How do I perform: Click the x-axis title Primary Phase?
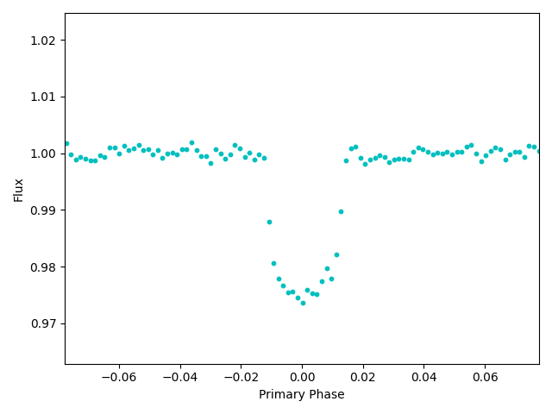click(302, 395)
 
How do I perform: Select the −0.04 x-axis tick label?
click(179, 377)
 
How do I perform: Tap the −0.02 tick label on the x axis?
click(241, 377)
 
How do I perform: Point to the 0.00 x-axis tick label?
click(302, 377)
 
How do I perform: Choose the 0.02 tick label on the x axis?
click(363, 377)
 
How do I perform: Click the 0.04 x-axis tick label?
click(423, 377)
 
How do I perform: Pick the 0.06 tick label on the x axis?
click(485, 377)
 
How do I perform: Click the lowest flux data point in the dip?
click(303, 303)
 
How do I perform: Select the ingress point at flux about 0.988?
click(269, 222)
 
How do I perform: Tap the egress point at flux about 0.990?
click(341, 211)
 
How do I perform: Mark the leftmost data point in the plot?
click(66, 144)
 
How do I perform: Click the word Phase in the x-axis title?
click(325, 395)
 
